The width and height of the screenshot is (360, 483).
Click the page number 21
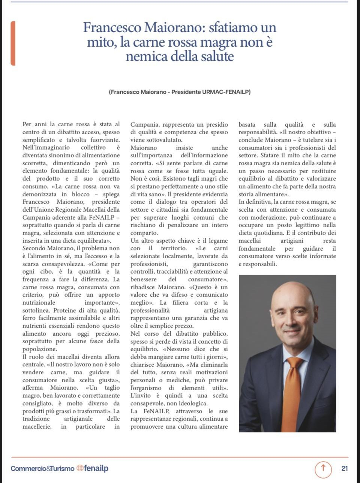345,468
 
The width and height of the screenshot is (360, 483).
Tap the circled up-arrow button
323,468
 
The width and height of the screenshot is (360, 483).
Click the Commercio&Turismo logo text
42,468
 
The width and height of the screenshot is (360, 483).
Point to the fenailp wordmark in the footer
96,468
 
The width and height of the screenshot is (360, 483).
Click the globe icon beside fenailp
79,468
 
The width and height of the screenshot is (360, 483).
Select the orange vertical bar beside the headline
13,43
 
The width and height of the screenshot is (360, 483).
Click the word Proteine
66,310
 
